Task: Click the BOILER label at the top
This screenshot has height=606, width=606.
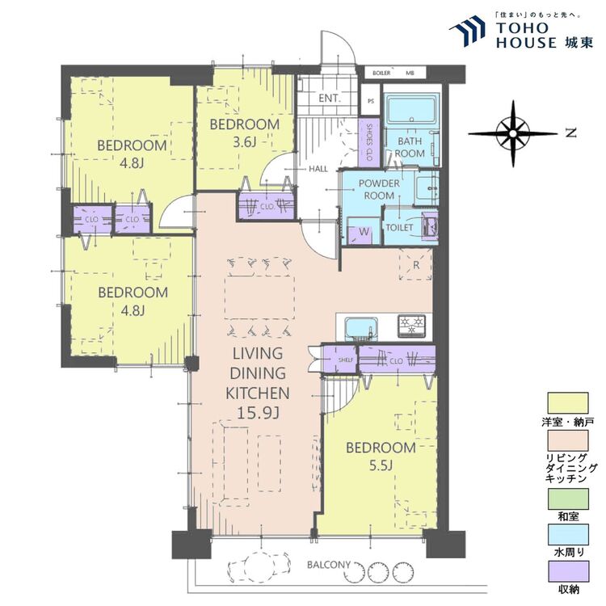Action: coord(381,73)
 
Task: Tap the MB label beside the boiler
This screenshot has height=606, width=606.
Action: coord(410,73)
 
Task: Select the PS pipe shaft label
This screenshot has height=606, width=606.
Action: coord(371,101)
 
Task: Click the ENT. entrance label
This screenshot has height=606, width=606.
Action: coord(330,98)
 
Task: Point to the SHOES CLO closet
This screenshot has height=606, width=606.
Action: coord(368,142)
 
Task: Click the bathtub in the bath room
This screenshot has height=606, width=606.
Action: coord(412,111)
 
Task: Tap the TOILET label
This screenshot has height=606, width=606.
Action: coord(399,228)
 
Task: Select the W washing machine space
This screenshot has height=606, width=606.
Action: coord(363,232)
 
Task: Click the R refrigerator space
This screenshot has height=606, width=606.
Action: coord(416,265)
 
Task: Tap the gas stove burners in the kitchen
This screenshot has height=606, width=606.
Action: coord(412,326)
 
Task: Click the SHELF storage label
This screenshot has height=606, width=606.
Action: coord(346,360)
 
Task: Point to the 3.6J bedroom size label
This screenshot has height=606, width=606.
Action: coord(244,142)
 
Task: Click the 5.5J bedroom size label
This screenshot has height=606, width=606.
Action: coord(381,465)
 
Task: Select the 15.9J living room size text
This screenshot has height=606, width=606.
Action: coord(258,413)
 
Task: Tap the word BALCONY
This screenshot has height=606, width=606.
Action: coord(329,565)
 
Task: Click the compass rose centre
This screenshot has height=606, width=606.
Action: coord(513,133)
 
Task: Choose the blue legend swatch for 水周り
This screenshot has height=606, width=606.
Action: coord(568,534)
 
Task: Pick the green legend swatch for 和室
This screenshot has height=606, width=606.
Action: coord(568,499)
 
